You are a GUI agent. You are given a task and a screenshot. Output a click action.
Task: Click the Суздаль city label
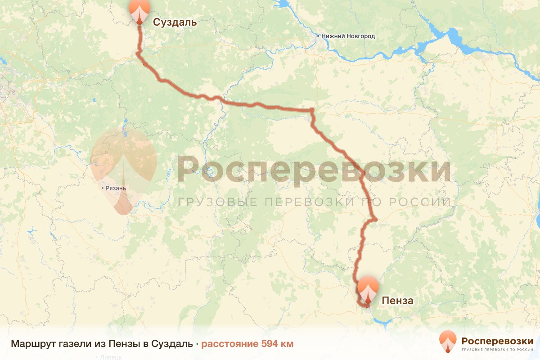click(175, 22)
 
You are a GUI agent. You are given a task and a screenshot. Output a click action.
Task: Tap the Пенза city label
click(397, 301)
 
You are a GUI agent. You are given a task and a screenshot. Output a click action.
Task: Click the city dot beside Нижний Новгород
click(318, 36)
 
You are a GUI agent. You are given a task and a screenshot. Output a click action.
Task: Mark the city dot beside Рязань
click(103, 188)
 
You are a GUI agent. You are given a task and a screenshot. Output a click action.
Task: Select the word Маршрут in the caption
click(33, 344)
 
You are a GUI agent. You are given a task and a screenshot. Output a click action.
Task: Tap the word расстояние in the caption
click(229, 344)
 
